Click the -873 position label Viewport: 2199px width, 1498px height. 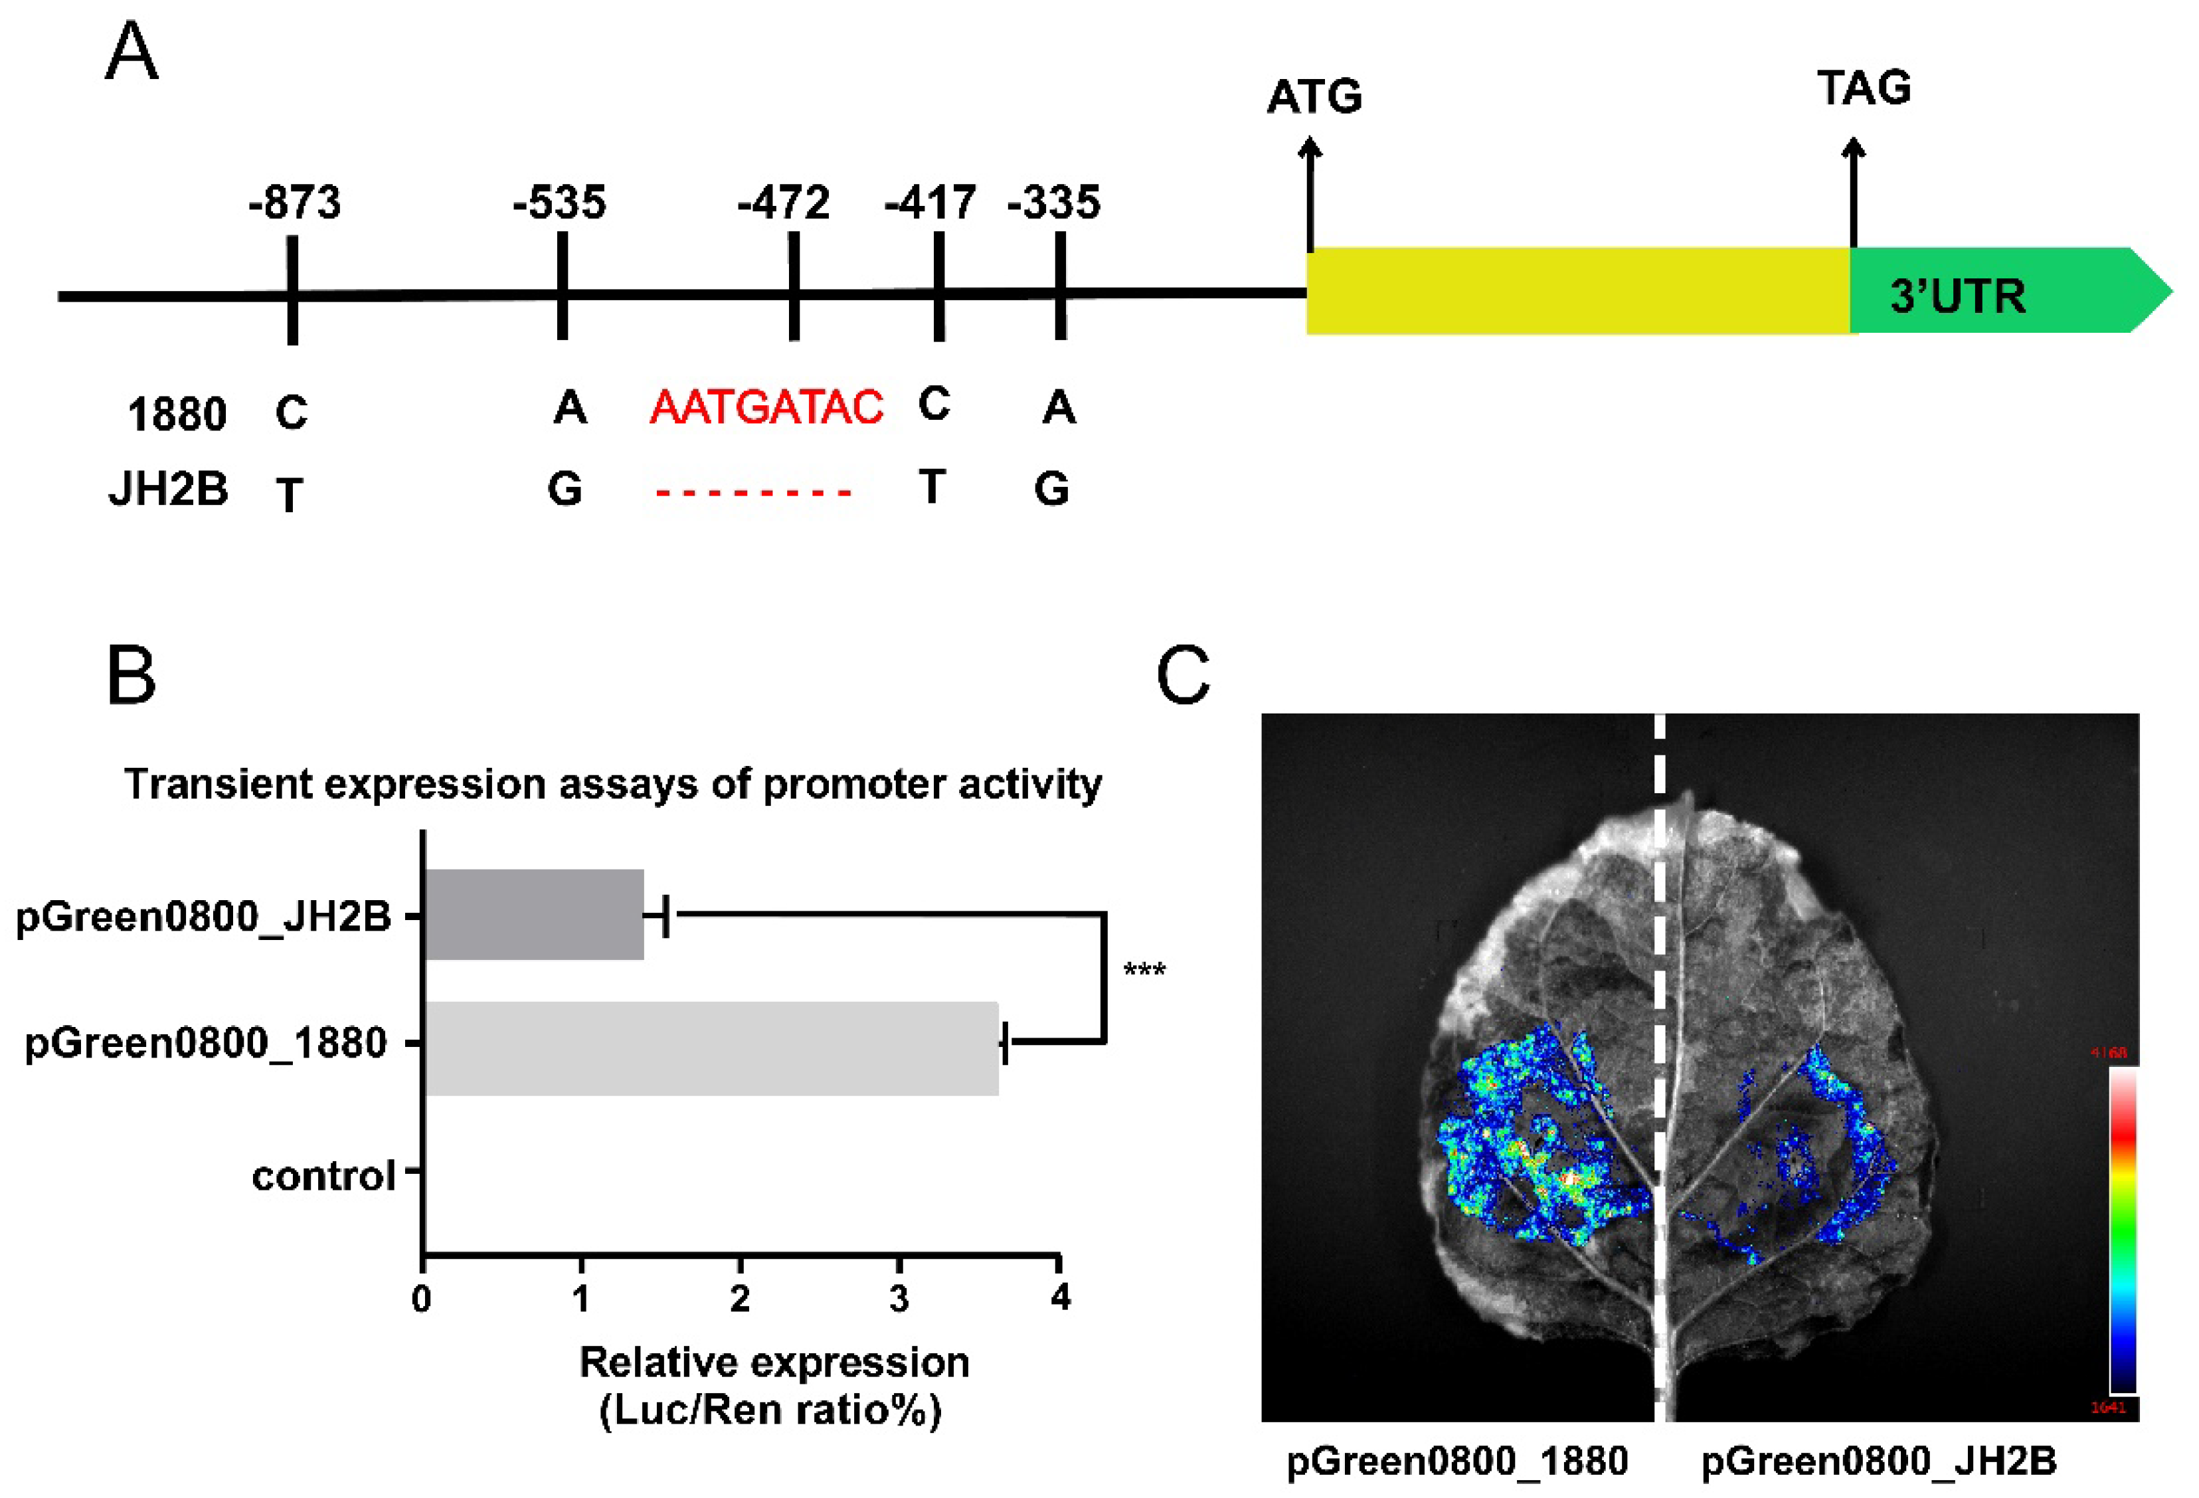click(x=294, y=203)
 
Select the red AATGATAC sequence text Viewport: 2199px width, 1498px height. click(x=766, y=408)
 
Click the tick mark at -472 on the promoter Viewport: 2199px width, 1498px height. click(x=794, y=287)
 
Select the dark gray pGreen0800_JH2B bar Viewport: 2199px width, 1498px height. click(x=535, y=914)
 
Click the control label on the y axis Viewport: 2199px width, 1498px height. click(x=323, y=1176)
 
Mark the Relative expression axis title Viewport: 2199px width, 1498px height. click(x=773, y=1385)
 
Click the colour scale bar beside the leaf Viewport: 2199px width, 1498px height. click(x=2123, y=1230)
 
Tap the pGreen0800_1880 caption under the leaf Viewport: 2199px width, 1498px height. click(x=1457, y=1461)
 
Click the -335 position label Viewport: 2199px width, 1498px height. click(x=1054, y=203)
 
